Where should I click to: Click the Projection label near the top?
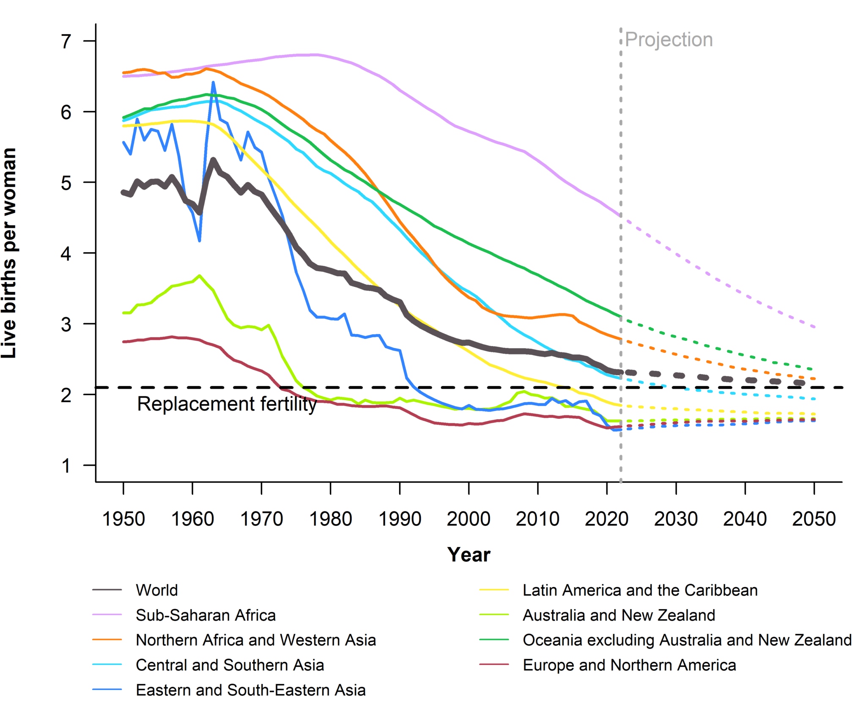669,40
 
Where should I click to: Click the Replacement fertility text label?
227,404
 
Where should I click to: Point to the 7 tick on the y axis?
66,41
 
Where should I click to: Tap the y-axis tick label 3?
66,324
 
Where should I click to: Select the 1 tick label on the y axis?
66,466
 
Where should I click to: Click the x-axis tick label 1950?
123,519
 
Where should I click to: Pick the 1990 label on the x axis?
400,519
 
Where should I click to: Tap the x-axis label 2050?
814,519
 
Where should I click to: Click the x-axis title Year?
469,555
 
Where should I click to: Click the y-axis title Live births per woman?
9,253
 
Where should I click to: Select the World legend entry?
156,590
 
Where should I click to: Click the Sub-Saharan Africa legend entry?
206,615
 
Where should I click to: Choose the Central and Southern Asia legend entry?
230,665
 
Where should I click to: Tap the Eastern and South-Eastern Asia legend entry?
250,690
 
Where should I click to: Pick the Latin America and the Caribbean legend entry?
640,590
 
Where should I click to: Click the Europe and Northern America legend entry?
629,665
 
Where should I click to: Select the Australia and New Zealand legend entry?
619,615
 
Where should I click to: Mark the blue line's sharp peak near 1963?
213,82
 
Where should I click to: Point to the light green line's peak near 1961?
200,276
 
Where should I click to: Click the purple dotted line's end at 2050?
814,327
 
